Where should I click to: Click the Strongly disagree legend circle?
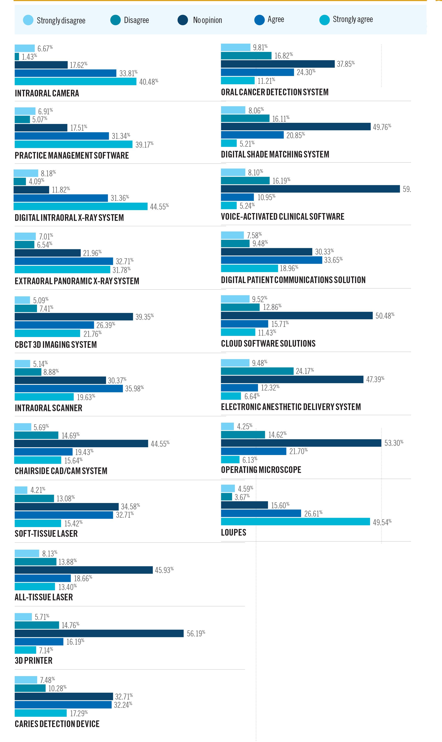pyautogui.click(x=28, y=20)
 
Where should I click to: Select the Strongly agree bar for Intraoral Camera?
pyautogui.click(x=75, y=81)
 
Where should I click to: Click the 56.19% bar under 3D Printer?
pyautogui.click(x=99, y=633)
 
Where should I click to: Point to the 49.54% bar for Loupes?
pyautogui.click(x=295, y=522)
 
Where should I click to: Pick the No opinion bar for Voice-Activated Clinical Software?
pyautogui.click(x=310, y=189)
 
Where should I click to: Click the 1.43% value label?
pyautogui.click(x=29, y=57)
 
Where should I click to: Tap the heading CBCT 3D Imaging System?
pyautogui.click(x=56, y=345)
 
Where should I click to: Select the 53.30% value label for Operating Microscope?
pyautogui.click(x=393, y=443)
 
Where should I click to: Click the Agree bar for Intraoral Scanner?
pyautogui.click(x=69, y=388)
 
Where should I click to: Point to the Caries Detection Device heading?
pyautogui.click(x=57, y=724)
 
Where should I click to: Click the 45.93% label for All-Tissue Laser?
pyautogui.click(x=164, y=570)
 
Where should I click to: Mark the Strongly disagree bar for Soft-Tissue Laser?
pyautogui.click(x=21, y=490)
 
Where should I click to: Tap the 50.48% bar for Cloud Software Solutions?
pyautogui.click(x=297, y=315)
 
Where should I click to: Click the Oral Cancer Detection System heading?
pyautogui.click(x=275, y=92)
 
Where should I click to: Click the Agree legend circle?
pyautogui.click(x=259, y=20)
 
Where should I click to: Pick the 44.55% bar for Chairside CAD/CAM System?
pyautogui.click(x=81, y=444)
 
